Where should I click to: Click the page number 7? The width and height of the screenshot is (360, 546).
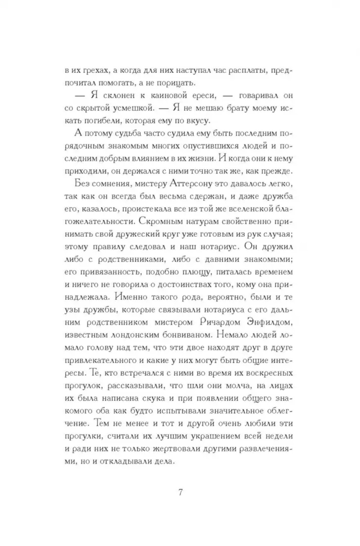click(180, 492)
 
